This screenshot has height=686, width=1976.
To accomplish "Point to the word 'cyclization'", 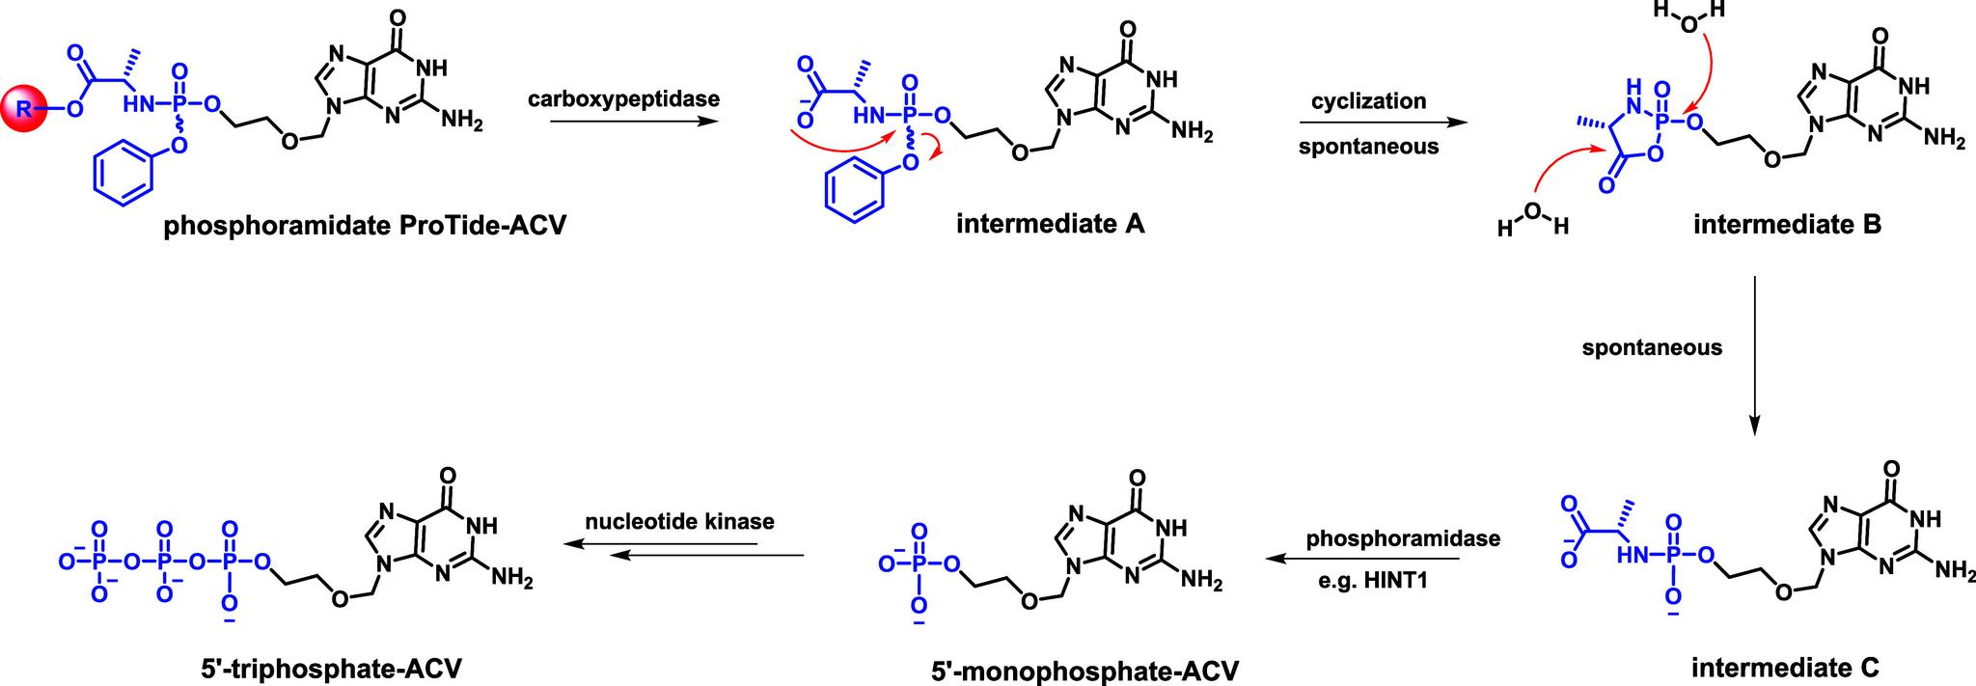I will (x=1368, y=101).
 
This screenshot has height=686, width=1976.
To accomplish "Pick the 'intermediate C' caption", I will (x=1785, y=666).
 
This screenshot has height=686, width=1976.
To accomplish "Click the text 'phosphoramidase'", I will (x=1403, y=538).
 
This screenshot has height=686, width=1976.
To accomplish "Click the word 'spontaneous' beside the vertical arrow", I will (x=1652, y=347).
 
